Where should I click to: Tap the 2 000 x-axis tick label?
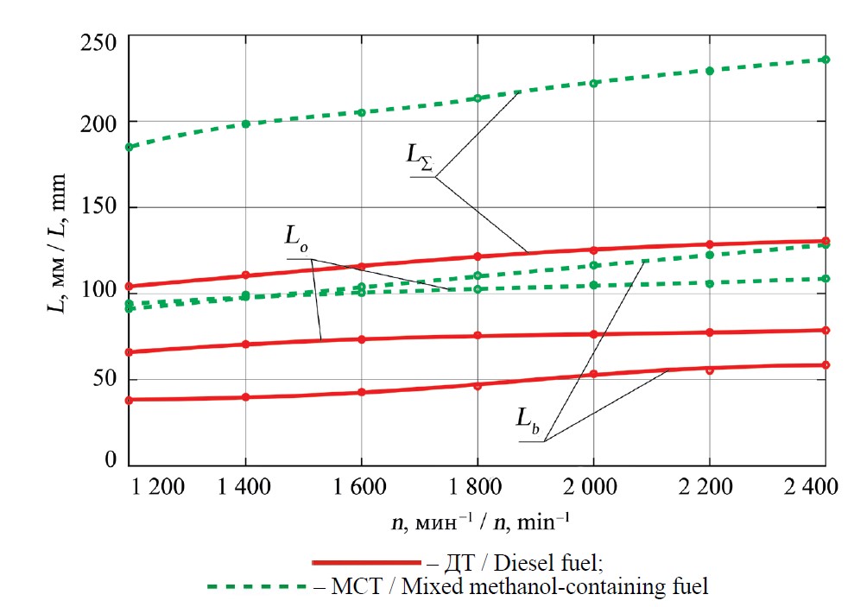592,488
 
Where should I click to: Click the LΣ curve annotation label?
424,155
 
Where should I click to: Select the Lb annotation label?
529,420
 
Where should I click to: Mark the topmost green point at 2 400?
825,60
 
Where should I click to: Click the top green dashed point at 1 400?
246,123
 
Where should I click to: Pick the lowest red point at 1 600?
361,392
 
